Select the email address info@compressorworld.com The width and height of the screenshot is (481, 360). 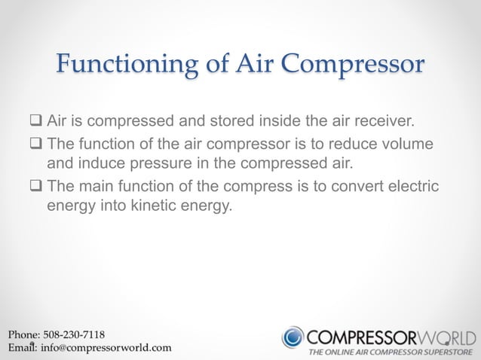tap(106, 348)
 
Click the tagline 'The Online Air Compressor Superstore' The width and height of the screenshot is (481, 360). tap(391, 352)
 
